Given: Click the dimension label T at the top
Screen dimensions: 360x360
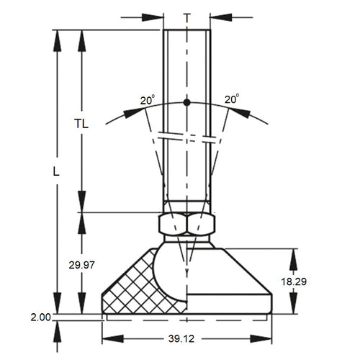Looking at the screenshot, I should tap(187, 16).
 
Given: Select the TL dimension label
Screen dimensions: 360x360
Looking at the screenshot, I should tap(81, 123).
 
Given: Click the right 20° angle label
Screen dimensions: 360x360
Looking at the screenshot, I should tap(231, 99).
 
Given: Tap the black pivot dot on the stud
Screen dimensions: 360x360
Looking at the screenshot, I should tap(187, 102).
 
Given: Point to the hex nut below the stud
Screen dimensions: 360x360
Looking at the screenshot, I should tap(187, 225).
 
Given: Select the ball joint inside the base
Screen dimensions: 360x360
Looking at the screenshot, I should tap(173, 270).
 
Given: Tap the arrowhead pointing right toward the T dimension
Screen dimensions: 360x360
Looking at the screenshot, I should tap(153, 16).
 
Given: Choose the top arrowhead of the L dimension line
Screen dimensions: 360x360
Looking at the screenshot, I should tap(55, 40).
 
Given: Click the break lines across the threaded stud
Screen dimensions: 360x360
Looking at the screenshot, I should tap(187, 137).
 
